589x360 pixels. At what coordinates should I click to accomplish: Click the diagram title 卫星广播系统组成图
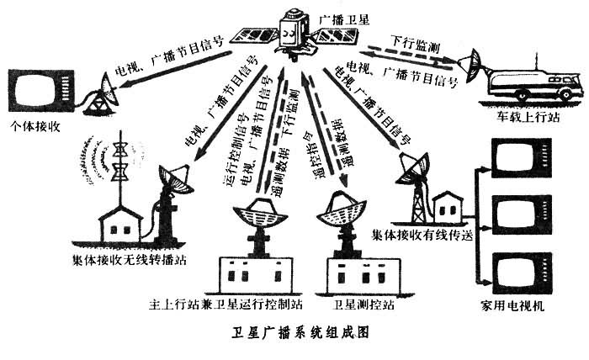294,333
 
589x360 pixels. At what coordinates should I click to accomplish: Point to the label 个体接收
33,126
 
